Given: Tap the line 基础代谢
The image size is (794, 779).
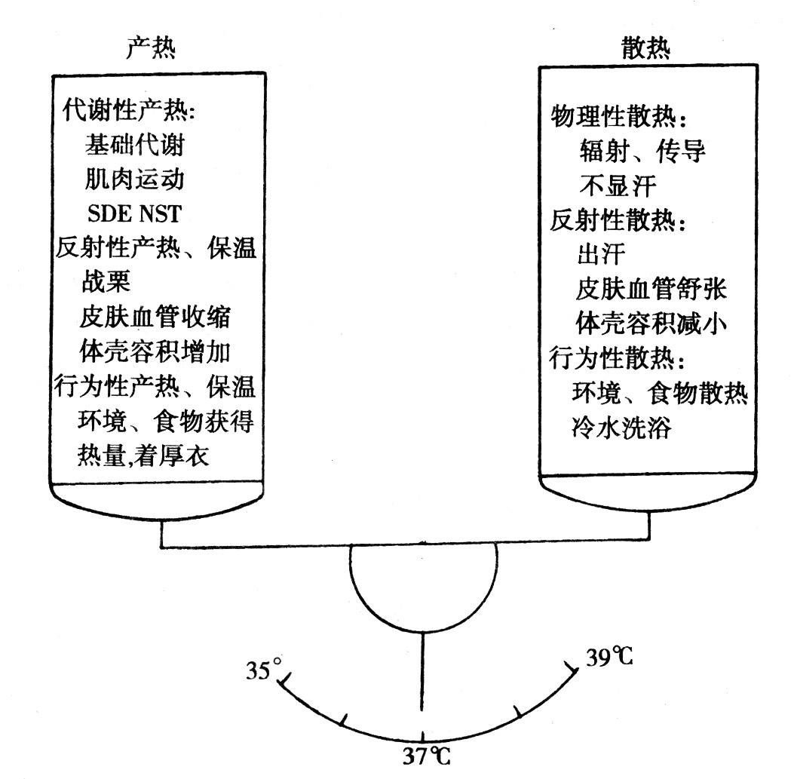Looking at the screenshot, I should pyautogui.click(x=134, y=145).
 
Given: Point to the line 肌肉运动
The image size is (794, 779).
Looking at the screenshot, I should pyautogui.click(x=134, y=179).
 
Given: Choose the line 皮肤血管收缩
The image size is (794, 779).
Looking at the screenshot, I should pyautogui.click(x=155, y=317).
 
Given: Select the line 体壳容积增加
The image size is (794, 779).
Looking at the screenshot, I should pyautogui.click(x=155, y=351).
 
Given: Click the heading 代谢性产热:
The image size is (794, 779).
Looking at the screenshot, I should pyautogui.click(x=127, y=111).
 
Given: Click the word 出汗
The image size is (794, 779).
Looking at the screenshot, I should pyautogui.click(x=600, y=256).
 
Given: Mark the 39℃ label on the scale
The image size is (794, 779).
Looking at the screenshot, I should pyautogui.click(x=609, y=658).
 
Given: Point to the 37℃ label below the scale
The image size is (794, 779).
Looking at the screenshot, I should pyautogui.click(x=425, y=756).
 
